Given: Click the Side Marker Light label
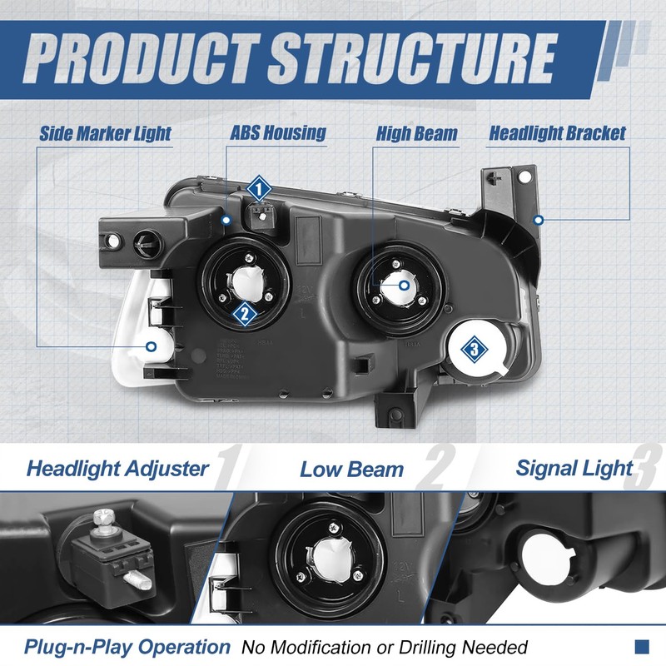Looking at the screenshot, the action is [105, 133].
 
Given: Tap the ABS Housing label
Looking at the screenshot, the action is [277, 133].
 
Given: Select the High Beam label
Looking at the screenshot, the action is [416, 133].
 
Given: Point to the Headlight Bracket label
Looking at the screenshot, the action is [557, 133].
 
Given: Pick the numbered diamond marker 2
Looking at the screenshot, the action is [244, 313].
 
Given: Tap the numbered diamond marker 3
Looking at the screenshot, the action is [473, 350].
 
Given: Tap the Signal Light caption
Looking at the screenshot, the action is [574, 467].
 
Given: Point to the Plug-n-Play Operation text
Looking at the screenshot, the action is [127, 647].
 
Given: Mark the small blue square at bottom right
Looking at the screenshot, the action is [642, 646].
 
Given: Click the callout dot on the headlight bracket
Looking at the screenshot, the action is [539, 221].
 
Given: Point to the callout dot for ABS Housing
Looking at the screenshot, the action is [226, 219].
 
